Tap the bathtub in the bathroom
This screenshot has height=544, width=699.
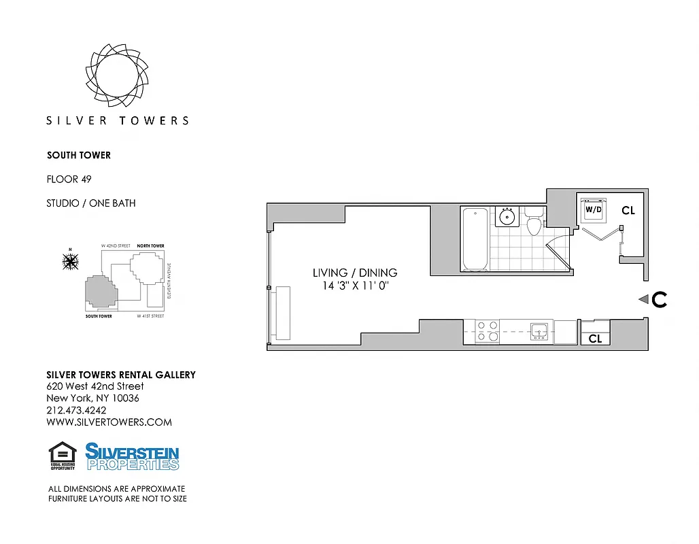click(475, 239)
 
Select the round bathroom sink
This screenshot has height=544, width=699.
click(507, 217)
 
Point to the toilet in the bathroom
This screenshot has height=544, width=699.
click(534, 223)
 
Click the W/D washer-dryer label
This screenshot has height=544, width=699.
click(594, 210)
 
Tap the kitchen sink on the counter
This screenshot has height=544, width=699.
click(540, 332)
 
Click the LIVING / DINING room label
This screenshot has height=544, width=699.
click(355, 273)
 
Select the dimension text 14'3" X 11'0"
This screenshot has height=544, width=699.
click(355, 286)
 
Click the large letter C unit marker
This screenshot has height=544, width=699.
click(659, 299)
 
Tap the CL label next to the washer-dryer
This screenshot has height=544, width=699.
click(628, 211)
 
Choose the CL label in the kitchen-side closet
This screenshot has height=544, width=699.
click(595, 338)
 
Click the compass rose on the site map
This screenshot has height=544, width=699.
click(70, 260)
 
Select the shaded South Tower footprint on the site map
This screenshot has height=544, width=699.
click(99, 293)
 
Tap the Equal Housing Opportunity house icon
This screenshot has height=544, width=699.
click(63, 455)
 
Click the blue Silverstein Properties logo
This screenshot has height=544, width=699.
click(132, 456)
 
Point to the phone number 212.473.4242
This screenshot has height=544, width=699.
click(76, 410)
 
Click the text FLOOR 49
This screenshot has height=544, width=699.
click(69, 180)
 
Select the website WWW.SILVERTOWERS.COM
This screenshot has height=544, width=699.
click(109, 422)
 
